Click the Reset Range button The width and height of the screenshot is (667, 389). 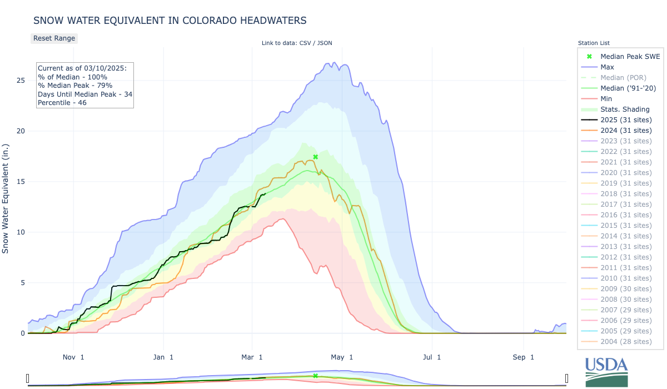(54, 38)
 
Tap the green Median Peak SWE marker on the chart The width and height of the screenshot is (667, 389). (315, 157)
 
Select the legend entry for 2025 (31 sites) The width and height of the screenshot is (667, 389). (626, 119)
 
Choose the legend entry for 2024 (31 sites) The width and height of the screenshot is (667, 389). (626, 130)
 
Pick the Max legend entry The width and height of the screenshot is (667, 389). (608, 67)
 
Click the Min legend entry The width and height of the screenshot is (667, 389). (607, 98)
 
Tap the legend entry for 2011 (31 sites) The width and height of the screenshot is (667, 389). (626, 268)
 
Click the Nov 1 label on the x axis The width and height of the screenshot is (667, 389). (73, 357)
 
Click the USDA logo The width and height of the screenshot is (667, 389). (606, 371)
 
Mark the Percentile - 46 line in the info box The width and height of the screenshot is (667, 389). (62, 102)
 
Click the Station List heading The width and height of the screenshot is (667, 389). (594, 43)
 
